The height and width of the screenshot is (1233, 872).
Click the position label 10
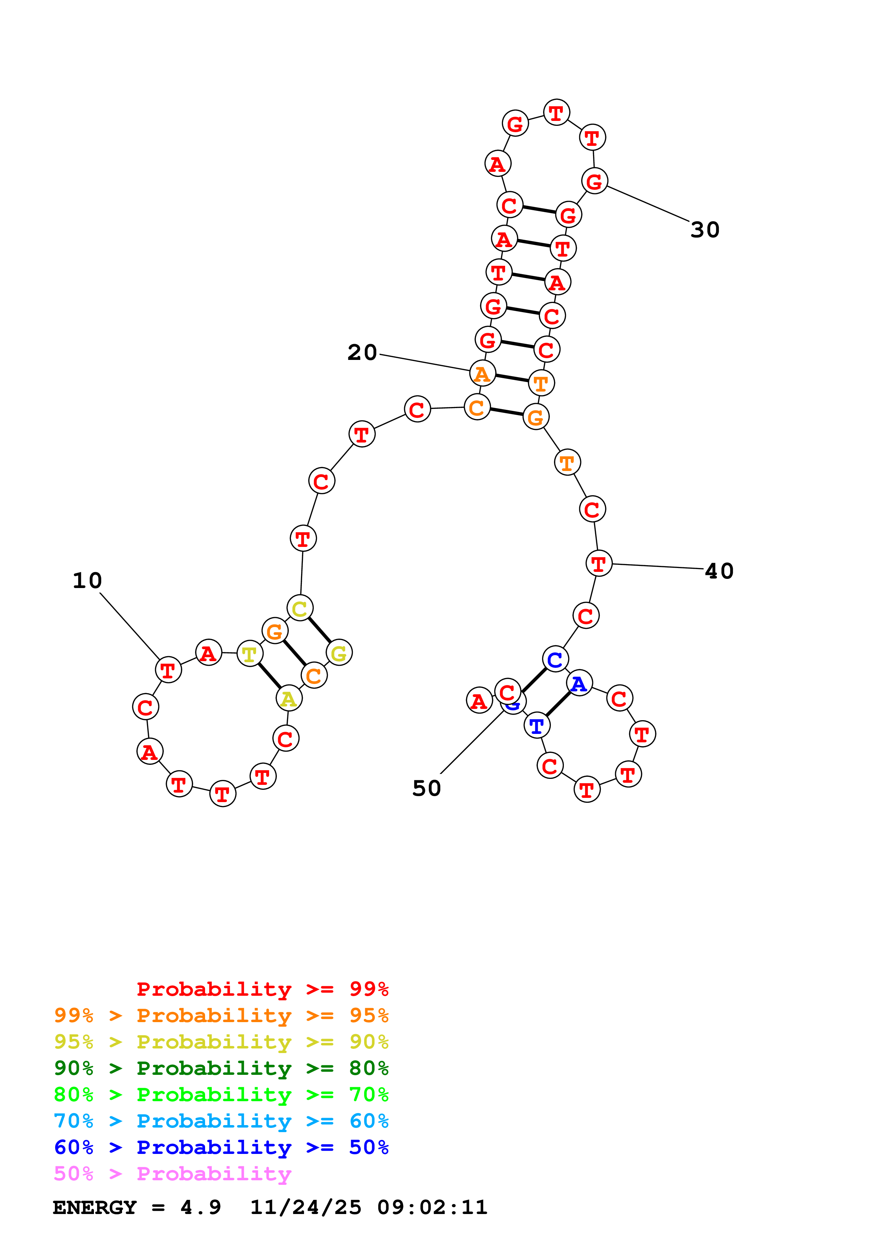(x=87, y=581)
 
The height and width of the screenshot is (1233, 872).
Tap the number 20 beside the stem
(x=362, y=353)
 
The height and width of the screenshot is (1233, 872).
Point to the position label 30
(x=705, y=230)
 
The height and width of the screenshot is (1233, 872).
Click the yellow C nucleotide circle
(x=300, y=608)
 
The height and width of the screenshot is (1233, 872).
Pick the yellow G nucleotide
(x=339, y=653)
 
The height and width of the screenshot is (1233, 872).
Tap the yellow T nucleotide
(x=250, y=654)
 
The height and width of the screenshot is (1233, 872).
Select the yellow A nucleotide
(x=289, y=699)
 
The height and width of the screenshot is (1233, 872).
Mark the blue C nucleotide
(x=555, y=659)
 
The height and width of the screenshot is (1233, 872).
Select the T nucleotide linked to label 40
(x=599, y=563)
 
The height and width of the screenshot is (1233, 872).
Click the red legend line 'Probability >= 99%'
(x=262, y=989)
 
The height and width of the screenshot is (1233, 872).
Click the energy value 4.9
(x=201, y=1207)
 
